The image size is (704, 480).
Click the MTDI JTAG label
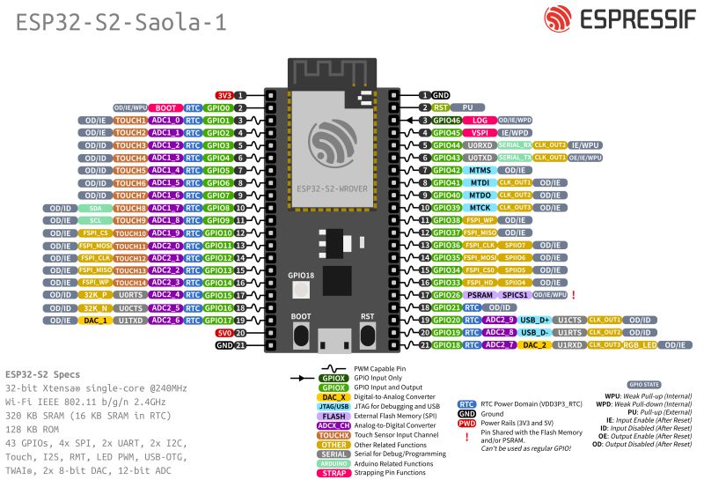[480, 182]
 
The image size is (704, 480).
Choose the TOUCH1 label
[130, 120]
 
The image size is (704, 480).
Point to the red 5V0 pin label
[224, 333]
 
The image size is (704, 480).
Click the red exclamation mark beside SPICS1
[573, 294]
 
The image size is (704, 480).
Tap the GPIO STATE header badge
[644, 384]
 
